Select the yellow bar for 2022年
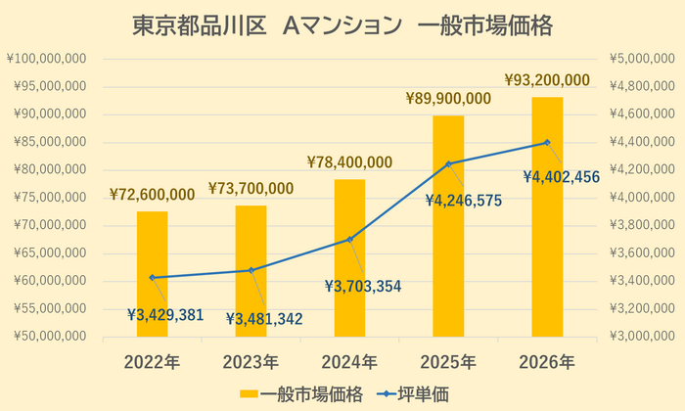point(152,274)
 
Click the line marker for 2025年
point(448,163)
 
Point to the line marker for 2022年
point(152,277)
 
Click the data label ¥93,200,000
point(547,79)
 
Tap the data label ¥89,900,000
point(448,98)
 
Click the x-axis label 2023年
point(251,362)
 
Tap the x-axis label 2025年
point(448,362)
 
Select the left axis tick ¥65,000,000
point(49,252)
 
